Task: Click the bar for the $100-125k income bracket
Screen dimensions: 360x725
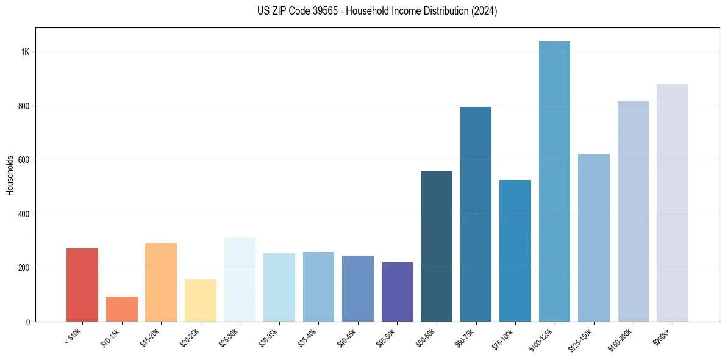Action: [x=554, y=182]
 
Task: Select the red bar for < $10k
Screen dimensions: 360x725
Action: [x=82, y=285]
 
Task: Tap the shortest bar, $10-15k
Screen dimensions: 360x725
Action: [x=121, y=309]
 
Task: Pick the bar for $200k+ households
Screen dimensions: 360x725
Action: [x=672, y=203]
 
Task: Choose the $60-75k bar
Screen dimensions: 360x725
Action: [x=476, y=214]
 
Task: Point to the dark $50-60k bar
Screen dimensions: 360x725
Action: [x=437, y=247]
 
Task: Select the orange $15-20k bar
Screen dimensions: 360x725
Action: [x=161, y=283]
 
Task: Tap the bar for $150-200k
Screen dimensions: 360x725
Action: [x=633, y=211]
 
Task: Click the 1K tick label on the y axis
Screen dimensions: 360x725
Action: [x=25, y=52]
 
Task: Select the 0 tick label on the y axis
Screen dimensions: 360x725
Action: [x=28, y=322]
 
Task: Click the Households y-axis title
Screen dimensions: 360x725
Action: [x=10, y=175]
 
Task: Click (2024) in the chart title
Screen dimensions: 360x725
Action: [x=484, y=11]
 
